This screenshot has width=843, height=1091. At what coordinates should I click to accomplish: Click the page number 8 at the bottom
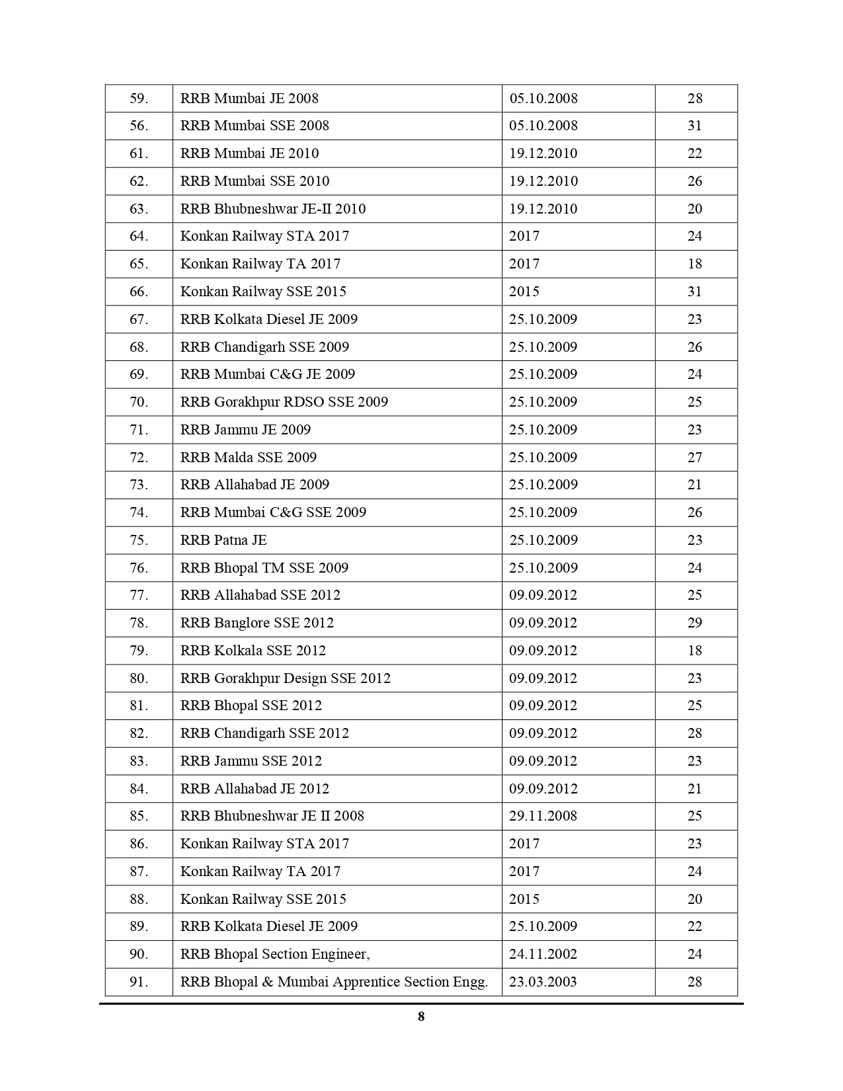[421, 1017]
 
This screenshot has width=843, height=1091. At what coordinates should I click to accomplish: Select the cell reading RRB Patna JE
[223, 540]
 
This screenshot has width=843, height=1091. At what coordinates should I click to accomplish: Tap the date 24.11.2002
[543, 954]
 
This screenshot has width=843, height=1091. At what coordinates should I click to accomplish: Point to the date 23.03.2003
[543, 982]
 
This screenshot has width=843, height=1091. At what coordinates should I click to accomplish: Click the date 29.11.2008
[543, 816]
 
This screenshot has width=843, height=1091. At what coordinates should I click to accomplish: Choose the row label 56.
[139, 126]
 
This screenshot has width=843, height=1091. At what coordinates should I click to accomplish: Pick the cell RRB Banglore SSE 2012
[257, 623]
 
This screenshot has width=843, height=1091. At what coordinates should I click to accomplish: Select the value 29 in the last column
[694, 623]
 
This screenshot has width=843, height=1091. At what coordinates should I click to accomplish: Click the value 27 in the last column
[694, 458]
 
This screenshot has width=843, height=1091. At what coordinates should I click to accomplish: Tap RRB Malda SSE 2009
[249, 458]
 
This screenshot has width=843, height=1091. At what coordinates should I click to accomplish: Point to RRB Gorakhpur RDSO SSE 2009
[284, 402]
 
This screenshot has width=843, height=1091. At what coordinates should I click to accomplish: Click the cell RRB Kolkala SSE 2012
[253, 651]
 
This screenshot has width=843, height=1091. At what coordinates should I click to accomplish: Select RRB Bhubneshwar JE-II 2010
[273, 209]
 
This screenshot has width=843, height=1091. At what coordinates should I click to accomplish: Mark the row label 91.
[139, 982]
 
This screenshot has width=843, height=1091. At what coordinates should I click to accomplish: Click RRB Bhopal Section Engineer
[275, 954]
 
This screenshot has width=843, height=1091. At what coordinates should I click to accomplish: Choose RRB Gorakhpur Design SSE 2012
[286, 678]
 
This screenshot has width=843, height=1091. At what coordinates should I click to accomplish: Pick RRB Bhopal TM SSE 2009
[264, 568]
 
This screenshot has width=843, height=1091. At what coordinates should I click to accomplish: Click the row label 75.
[139, 540]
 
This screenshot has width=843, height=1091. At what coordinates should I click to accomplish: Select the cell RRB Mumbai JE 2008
[249, 99]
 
